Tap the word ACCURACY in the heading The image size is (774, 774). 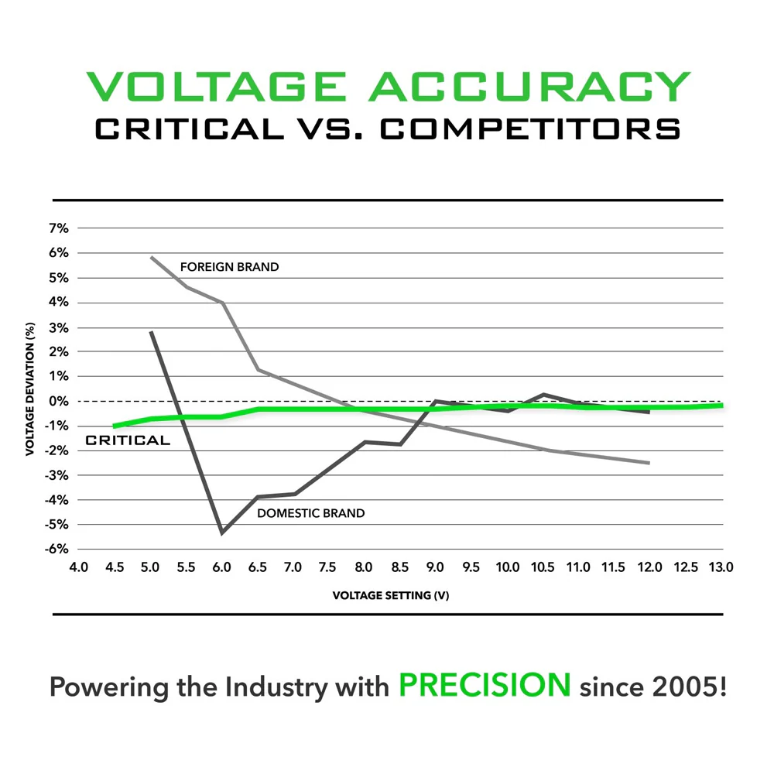(x=529, y=87)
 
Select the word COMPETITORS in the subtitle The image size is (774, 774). (x=531, y=128)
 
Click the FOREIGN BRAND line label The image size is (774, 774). (x=229, y=267)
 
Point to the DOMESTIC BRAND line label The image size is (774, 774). (x=310, y=512)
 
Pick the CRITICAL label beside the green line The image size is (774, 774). (x=127, y=440)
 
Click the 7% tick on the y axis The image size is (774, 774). (x=60, y=228)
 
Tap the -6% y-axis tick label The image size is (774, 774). (x=58, y=550)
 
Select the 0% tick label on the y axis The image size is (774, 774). (x=60, y=401)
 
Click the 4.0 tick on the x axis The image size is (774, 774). (x=79, y=567)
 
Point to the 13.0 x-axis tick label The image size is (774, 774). (x=721, y=567)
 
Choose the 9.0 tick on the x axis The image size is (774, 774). (x=435, y=567)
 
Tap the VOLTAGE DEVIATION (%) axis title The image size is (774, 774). (x=29, y=389)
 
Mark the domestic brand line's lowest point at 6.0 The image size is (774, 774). (x=222, y=533)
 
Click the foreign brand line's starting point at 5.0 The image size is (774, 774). (x=151, y=257)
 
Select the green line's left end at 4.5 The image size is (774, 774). (x=115, y=426)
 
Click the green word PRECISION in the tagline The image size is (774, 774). (x=485, y=685)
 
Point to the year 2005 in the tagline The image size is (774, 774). (x=689, y=687)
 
